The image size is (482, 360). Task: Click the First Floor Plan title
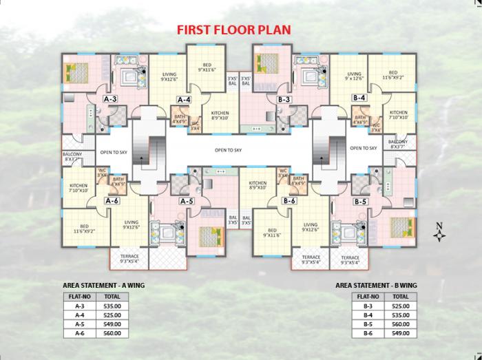coord(234,30)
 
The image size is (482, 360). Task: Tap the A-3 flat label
coord(110,99)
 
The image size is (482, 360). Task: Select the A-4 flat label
coord(184,100)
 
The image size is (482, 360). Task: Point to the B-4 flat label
coord(359,98)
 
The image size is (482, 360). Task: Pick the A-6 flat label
coord(112,200)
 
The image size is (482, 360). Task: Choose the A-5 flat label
coord(186,201)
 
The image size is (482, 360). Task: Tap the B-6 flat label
coord(289,201)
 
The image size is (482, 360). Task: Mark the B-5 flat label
coord(360,202)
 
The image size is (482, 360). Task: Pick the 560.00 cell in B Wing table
coord(400,324)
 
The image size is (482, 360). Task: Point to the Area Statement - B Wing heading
coord(376,284)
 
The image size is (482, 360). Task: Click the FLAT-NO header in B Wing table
coord(368,297)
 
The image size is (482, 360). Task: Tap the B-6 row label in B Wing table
coord(368,334)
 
